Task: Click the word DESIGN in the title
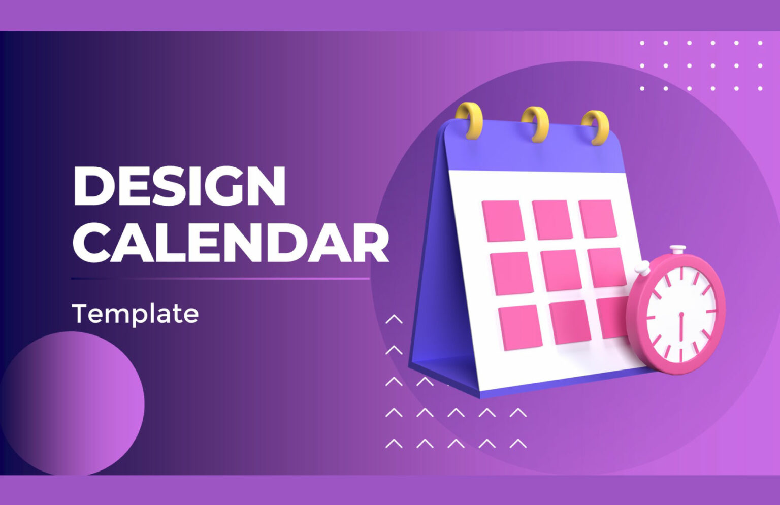coord(179,186)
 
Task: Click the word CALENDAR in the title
coord(231,243)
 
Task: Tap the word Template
coord(135,313)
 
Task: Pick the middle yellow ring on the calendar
coord(536,124)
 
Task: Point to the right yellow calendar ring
coord(596,128)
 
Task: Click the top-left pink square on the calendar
coord(503,221)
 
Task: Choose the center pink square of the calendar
coord(561,270)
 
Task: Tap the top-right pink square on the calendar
coord(598,219)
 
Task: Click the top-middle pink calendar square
coord(552,219)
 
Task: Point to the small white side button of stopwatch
coord(642,267)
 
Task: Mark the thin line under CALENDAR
coord(220,279)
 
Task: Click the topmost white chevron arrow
coord(394,319)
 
